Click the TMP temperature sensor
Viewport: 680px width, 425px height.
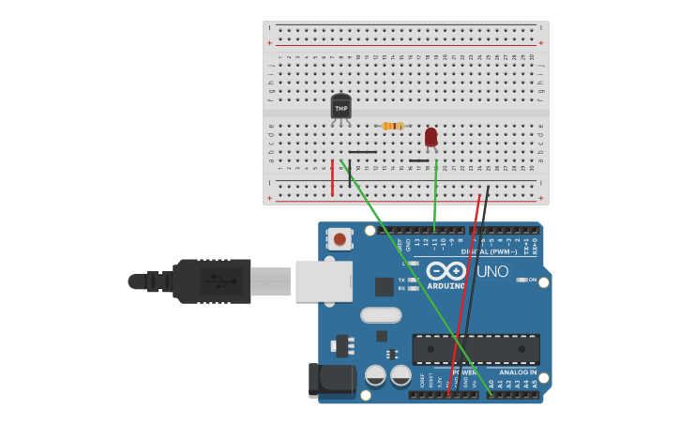(340, 107)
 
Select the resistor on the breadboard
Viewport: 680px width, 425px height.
(394, 126)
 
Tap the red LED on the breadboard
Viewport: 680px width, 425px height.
(431, 138)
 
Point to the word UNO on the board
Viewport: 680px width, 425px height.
(492, 272)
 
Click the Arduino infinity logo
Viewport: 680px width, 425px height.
(446, 271)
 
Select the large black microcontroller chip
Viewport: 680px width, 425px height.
(476, 349)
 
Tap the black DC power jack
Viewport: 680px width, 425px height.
(331, 380)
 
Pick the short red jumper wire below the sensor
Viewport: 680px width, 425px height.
(332, 177)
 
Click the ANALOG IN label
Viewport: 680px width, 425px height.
(518, 372)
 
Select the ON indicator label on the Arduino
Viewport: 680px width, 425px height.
(532, 280)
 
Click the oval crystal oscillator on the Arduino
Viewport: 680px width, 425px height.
(380, 315)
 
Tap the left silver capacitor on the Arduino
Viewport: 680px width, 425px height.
(375, 375)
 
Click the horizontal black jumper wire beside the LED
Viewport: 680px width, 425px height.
(418, 160)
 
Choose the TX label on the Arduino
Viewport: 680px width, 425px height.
(401, 280)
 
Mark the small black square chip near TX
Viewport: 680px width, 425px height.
(384, 287)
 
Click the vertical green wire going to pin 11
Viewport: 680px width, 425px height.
(435, 197)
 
